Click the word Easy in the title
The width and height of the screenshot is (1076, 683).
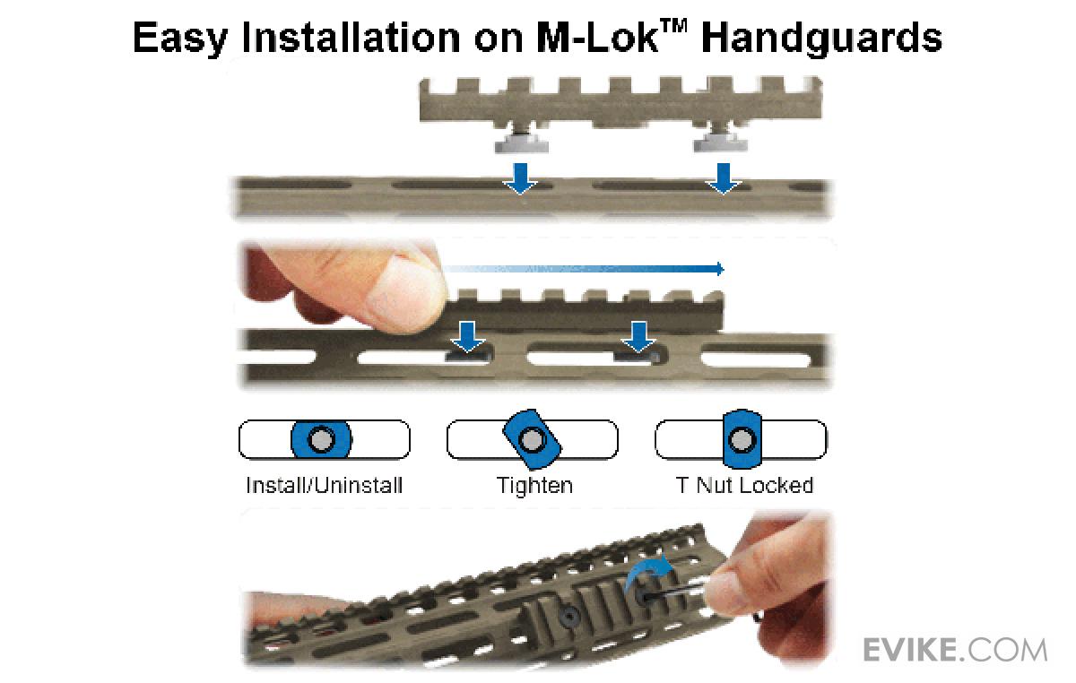pos(179,39)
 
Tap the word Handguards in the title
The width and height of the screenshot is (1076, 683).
pos(821,38)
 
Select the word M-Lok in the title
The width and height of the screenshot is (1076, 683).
pos(596,38)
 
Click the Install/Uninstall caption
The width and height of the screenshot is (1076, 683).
pos(325,486)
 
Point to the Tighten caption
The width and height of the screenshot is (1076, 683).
pos(534,486)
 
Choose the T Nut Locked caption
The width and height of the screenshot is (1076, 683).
pos(744,485)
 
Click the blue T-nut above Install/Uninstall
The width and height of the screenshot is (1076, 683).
pos(321,439)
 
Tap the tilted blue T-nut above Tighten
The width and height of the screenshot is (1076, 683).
pos(533,439)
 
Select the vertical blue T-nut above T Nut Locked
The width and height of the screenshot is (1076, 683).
pos(742,439)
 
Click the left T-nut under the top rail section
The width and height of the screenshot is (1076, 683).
pos(521,143)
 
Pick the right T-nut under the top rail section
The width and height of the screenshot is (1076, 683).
pos(722,142)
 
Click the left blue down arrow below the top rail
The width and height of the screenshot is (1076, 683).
pos(520,178)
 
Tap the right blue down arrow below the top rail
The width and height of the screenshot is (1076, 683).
pos(723,178)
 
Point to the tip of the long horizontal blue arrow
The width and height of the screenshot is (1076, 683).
pos(724,269)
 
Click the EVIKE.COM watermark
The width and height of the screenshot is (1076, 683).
pos(954,650)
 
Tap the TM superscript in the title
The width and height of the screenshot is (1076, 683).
pos(673,26)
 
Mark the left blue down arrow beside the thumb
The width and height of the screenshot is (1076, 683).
pos(468,337)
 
